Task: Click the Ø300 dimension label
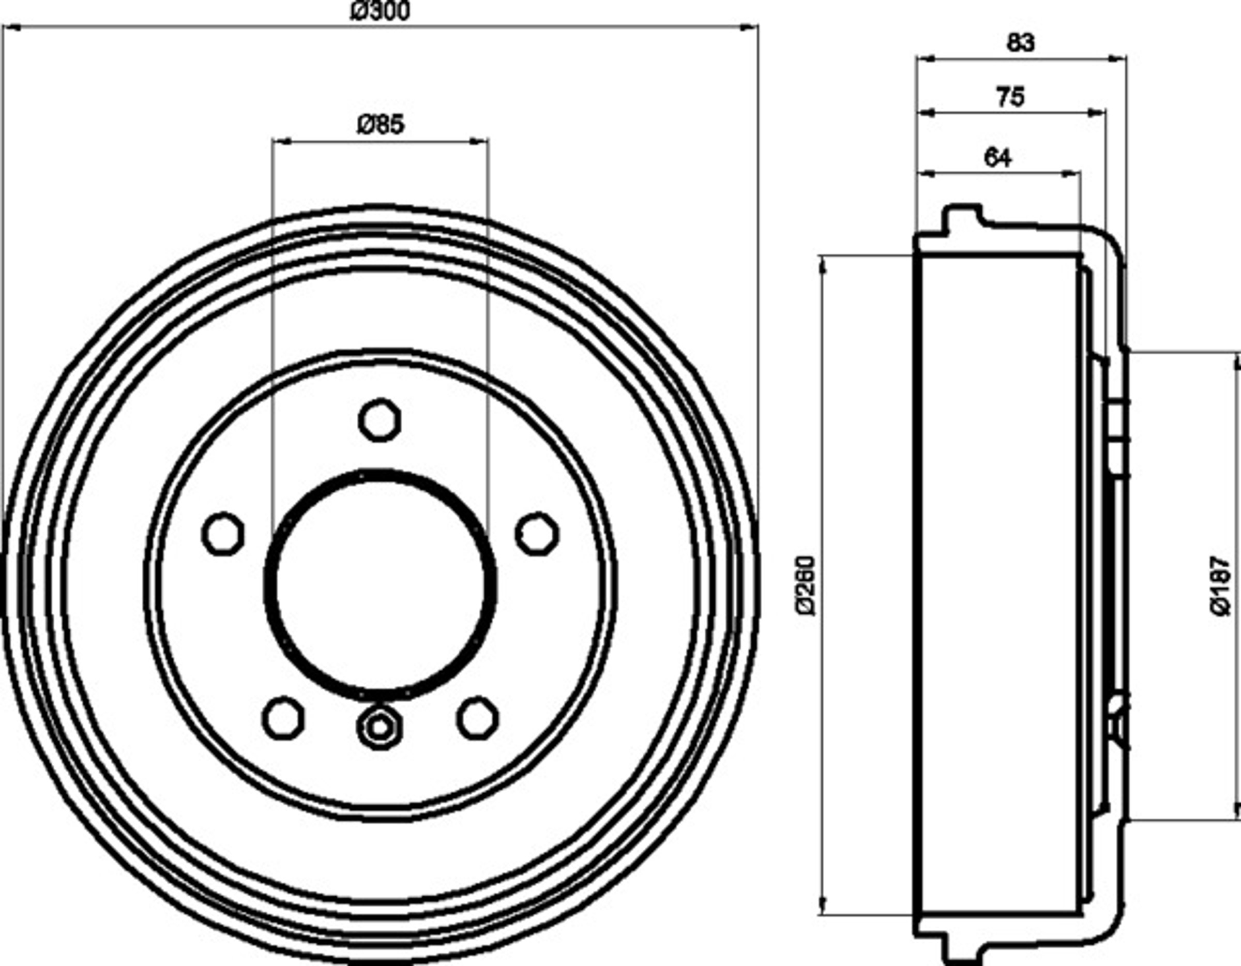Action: [379, 11]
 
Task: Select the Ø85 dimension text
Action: [381, 125]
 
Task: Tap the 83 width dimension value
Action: [1021, 42]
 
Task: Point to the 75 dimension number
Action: [1010, 97]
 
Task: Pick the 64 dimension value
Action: [998, 157]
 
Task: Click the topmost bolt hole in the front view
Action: [380, 420]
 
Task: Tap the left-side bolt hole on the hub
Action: [223, 534]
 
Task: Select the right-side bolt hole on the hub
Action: [537, 534]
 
